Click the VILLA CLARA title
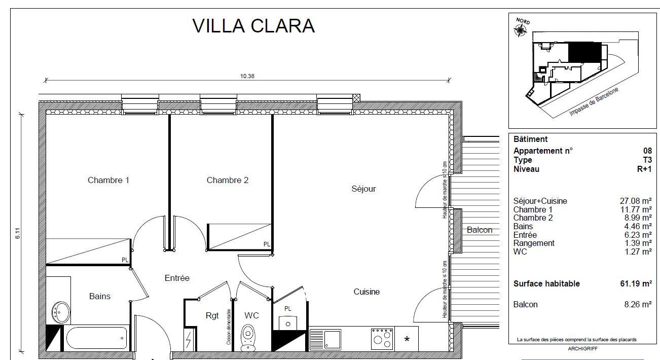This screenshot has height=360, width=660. tap(253, 26)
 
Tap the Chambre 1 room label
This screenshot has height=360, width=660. tap(108, 180)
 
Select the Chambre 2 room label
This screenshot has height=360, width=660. tap(228, 180)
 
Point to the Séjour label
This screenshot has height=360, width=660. tap(363, 189)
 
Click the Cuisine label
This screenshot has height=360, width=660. tap(366, 292)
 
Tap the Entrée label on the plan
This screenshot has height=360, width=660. tap(177, 278)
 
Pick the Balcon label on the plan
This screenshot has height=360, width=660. tap(480, 230)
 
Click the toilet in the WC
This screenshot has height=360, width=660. tap(248, 338)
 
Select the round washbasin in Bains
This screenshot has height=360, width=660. tap(61, 312)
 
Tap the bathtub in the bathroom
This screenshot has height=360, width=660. tap(96, 338)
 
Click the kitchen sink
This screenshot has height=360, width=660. tap(325, 339)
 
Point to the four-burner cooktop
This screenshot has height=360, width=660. tap(382, 339)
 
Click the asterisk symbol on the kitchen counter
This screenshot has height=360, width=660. tap(407, 339)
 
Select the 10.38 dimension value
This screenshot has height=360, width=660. tap(247, 76)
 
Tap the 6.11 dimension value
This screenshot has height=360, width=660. tap(18, 233)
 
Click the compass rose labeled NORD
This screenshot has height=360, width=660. tap(520, 30)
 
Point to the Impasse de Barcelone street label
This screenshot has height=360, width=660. tap(594, 101)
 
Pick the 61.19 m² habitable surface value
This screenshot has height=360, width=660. tap(636, 283)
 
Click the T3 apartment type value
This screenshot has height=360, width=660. tap(647, 160)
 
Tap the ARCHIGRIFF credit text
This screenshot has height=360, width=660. tap(582, 348)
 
